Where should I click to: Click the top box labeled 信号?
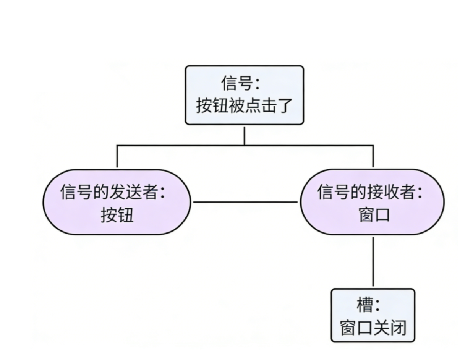coord(244,95)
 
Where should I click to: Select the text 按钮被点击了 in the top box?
coord(244,105)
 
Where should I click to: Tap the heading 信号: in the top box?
coord(240,83)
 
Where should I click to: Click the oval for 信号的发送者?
coord(117,202)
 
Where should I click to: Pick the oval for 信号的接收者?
coord(373,202)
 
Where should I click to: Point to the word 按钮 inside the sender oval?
coord(117,215)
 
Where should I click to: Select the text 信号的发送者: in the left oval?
coord(112,192)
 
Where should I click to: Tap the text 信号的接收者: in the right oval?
coord(369,192)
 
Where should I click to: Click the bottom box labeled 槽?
coord(373,315)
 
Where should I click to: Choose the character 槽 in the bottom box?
coord(364,305)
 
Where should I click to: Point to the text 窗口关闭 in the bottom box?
coord(373,328)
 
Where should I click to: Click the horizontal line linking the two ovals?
coord(246,202)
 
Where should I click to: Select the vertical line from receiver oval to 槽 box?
coord(373,261)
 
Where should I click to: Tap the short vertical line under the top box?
coord(245,136)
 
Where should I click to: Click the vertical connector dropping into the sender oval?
coord(117,156)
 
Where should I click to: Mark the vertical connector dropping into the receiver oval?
coord(373,156)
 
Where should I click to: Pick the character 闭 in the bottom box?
coord(398,328)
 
